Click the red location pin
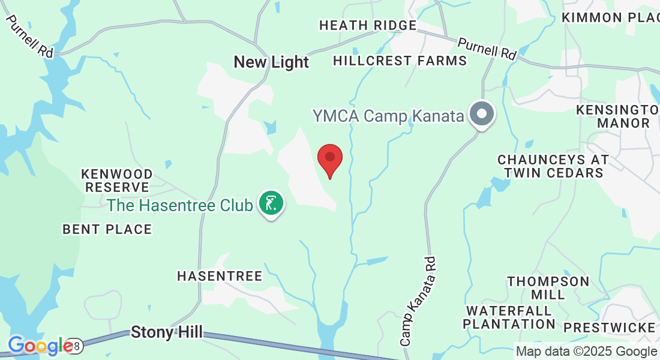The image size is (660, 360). pos(329,158)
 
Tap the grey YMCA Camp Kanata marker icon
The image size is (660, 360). pos(481,113)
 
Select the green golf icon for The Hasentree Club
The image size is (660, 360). pos(271,203)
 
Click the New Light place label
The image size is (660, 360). pos(271,62)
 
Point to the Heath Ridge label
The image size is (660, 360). pos(368,25)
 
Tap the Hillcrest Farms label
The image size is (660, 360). pos(400,61)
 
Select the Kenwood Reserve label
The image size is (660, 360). pos(117,180)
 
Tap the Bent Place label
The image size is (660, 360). pos(107,229)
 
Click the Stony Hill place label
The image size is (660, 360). pos(167,332)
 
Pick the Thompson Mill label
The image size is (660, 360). pos(548,288)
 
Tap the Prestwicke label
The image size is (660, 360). pos(610,328)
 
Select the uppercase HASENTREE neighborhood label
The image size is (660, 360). pos(220,276)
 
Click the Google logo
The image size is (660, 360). pos(41,346)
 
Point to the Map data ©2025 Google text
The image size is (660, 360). pos(587,352)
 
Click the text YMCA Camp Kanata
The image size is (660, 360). pos(388,116)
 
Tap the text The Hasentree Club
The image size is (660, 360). pos(180,205)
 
